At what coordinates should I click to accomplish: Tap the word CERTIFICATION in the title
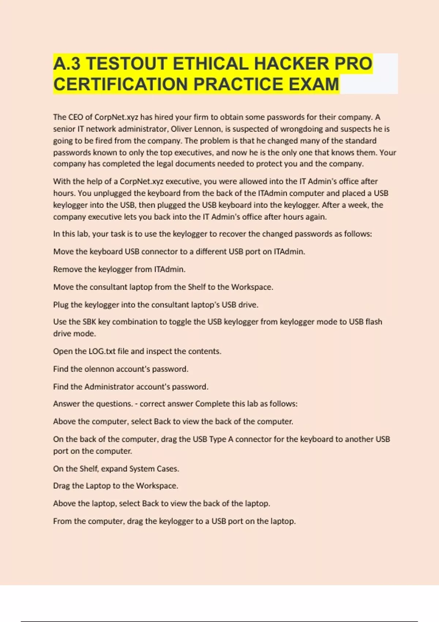pyautogui.click(x=121, y=84)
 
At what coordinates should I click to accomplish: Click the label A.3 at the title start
pyautogui.click(x=67, y=64)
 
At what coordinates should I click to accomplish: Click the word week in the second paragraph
pyautogui.click(x=357, y=205)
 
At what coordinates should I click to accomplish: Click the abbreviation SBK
pyautogui.click(x=89, y=322)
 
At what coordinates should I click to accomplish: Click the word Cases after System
pyautogui.click(x=168, y=469)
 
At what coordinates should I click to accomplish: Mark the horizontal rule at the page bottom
pyautogui.click(x=219, y=621)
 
